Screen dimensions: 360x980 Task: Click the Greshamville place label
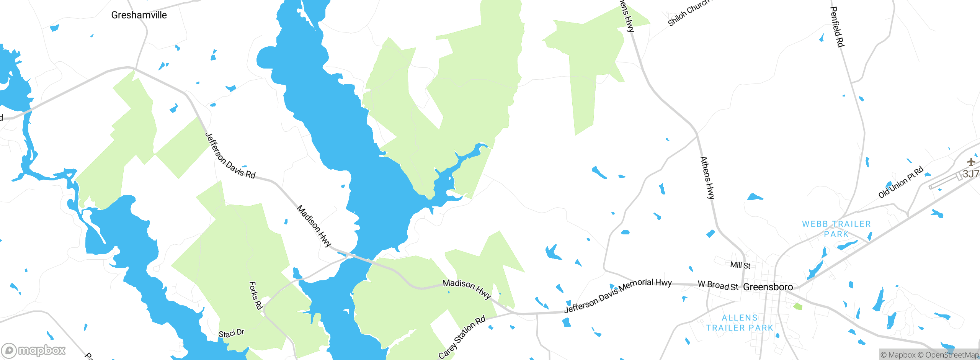pos(139,15)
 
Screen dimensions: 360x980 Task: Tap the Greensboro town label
pos(768,287)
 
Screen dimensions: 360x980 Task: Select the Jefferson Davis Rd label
pos(230,156)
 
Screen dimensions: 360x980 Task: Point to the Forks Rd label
pos(256,295)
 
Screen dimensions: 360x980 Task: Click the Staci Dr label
pos(231,334)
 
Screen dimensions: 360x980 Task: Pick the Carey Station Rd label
pos(462,337)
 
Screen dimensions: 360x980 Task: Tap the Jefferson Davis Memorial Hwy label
pos(618,295)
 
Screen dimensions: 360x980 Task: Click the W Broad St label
pos(718,285)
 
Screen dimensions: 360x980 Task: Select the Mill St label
pos(740,265)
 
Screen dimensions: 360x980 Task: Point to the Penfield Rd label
pos(837,27)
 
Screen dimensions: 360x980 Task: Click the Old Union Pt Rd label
pos(901,182)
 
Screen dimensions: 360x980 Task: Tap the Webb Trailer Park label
pos(836,229)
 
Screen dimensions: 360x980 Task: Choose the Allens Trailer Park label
pos(740,323)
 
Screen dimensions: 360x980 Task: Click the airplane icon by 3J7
pos(971,162)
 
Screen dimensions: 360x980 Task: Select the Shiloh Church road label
pos(688,13)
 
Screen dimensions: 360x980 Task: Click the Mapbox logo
pos(34,350)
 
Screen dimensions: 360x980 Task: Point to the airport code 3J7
pos(971,174)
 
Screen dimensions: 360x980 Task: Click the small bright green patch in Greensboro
pos(798,306)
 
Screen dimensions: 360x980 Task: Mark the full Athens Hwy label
pos(707,178)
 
